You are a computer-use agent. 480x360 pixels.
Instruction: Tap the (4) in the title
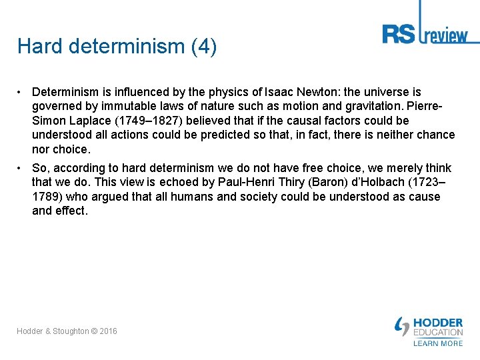(203, 47)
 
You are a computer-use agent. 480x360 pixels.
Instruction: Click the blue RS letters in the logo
(398, 34)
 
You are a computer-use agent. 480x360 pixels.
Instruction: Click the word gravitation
(363, 107)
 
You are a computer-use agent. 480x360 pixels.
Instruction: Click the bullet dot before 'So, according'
(21, 168)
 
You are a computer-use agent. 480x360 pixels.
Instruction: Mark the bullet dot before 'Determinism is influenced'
(21, 92)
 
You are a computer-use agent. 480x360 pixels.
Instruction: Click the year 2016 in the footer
(108, 331)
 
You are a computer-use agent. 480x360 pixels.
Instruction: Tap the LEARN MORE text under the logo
(437, 343)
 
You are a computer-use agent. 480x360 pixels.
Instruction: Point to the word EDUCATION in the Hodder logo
(437, 332)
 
